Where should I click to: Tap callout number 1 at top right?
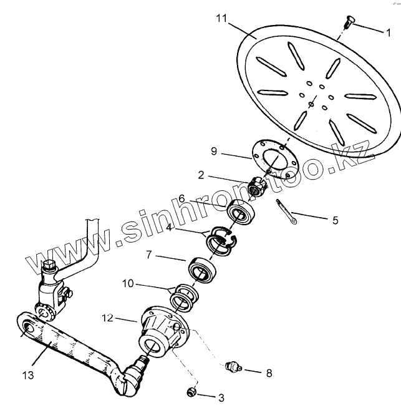tap(387, 31)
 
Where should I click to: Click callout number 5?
tap(335, 220)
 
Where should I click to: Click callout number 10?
tap(127, 283)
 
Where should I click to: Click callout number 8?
tap(269, 374)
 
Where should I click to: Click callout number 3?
tap(220, 397)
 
